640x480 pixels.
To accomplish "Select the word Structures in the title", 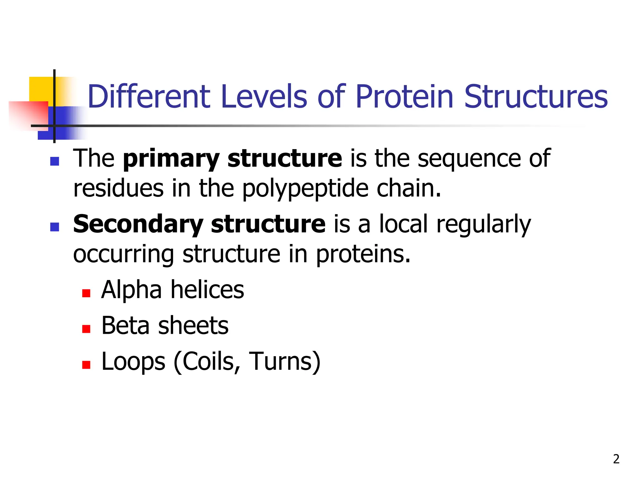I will pos(536,97).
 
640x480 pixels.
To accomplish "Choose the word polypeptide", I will pos(305,189).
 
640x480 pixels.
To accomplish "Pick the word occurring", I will pos(123,254).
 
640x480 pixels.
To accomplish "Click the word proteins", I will pos(363,254).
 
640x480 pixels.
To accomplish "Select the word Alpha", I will pos(132,290).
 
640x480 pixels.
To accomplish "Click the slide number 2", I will pos(616,459).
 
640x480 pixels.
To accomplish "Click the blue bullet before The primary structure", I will pos(55,161).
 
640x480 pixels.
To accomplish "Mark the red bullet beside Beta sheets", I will pos(86,329).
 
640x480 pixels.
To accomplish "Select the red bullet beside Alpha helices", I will pos(86,293).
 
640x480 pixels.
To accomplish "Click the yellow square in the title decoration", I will pos(41,89).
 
